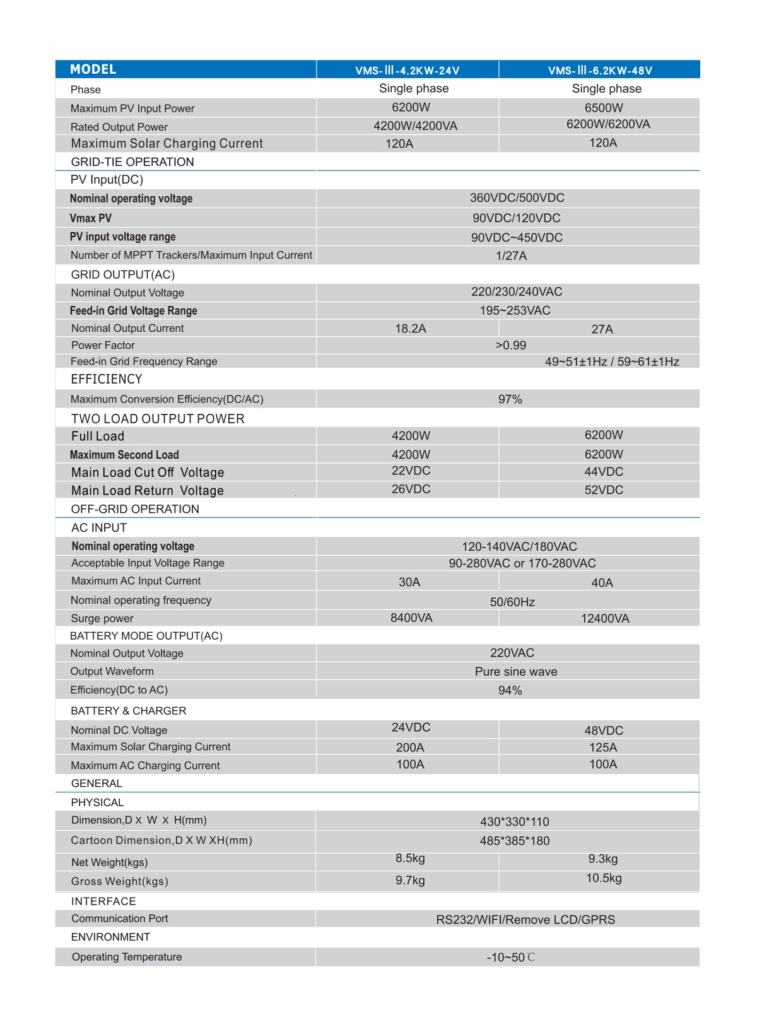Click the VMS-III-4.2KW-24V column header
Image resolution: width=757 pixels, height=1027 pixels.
click(x=407, y=70)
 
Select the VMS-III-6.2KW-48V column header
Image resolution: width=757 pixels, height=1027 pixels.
click(x=600, y=70)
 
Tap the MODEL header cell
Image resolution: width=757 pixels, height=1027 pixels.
click(x=93, y=69)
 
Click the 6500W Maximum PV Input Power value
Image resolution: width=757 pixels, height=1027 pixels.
click(x=604, y=108)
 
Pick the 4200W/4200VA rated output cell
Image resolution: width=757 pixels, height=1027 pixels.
click(x=415, y=126)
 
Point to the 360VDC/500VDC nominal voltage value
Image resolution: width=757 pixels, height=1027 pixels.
click(x=517, y=198)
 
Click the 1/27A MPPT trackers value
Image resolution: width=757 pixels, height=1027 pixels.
click(x=511, y=255)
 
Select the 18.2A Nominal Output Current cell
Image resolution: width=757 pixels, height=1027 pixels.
click(x=411, y=329)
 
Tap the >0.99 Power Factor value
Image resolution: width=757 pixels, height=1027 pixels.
click(x=511, y=345)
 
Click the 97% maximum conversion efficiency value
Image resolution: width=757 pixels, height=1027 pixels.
click(x=510, y=399)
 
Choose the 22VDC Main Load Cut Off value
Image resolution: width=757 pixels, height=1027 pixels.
click(x=411, y=471)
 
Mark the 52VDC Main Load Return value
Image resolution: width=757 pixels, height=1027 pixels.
click(x=604, y=490)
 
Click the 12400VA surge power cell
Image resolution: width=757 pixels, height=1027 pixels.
click(x=605, y=618)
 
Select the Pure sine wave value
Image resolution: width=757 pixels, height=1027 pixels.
click(x=516, y=671)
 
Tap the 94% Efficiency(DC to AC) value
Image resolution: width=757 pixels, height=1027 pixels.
click(x=510, y=690)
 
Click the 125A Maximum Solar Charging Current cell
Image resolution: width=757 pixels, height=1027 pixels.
click(x=603, y=748)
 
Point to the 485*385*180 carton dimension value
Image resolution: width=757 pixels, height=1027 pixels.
click(x=514, y=841)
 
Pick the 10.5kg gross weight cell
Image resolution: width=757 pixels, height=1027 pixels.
click(x=604, y=878)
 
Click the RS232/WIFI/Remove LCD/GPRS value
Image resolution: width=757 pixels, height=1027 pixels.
click(x=525, y=919)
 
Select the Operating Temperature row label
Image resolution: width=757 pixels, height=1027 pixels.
click(x=127, y=957)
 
